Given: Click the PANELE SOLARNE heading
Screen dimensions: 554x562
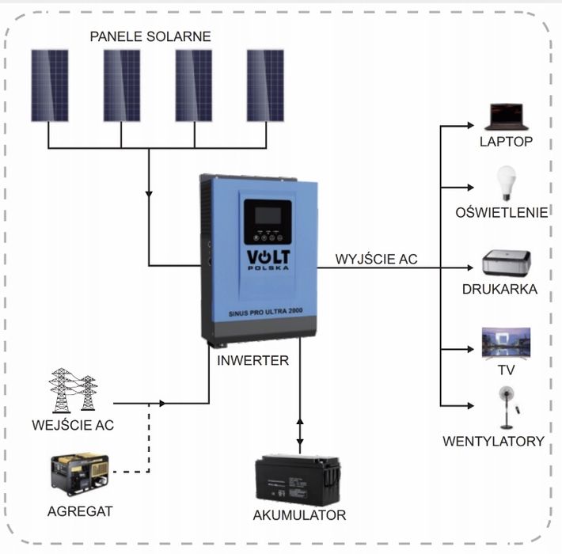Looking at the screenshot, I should click(x=150, y=37).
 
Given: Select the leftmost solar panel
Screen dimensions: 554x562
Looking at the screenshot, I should click(x=49, y=85).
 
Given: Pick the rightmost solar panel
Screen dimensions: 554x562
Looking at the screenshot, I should click(x=264, y=85).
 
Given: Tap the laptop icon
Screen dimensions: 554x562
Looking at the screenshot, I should click(x=506, y=117).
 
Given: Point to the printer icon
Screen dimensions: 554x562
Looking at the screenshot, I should click(x=506, y=263).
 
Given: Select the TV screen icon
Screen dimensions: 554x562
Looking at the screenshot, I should click(x=506, y=342).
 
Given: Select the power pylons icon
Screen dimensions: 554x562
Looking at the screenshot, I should click(x=74, y=389).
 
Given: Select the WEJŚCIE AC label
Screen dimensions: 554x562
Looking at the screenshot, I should click(x=73, y=425).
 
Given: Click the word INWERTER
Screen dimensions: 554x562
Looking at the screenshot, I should click(x=253, y=360).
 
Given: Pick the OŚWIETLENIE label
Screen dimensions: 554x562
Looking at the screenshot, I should click(x=502, y=212).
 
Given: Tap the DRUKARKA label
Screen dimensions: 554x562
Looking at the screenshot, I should click(x=499, y=290).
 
